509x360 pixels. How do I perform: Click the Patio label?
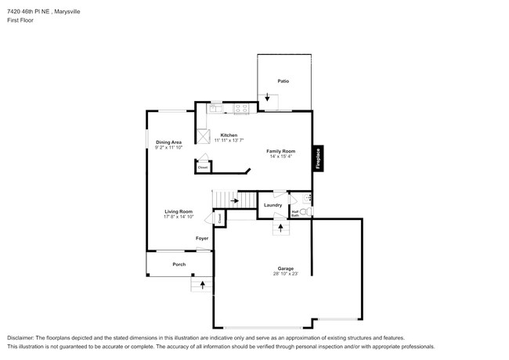[x=283, y=81]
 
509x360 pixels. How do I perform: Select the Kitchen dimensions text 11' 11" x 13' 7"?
[x=229, y=141]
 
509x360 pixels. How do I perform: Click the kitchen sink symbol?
[x=215, y=110]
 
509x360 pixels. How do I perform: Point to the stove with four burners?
[x=241, y=109]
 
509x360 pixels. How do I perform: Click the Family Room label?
[x=280, y=150]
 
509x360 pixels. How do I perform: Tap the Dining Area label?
[x=168, y=142]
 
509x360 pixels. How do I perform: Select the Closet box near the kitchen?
[x=202, y=167]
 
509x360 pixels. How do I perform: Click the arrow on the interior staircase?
[x=234, y=201]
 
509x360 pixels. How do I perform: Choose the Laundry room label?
[x=273, y=205]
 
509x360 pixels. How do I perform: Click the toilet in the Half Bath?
[x=305, y=211]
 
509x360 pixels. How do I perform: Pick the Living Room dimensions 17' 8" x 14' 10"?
[x=179, y=217]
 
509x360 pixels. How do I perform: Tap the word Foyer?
[x=202, y=238]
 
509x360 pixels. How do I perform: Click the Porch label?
[x=179, y=265]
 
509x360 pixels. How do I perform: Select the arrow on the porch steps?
[x=202, y=285]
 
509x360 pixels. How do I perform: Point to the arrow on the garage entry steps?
[x=280, y=228]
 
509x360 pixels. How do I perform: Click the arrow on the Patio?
[x=268, y=99]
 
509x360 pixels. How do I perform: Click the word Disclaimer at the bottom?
[x=23, y=337]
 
